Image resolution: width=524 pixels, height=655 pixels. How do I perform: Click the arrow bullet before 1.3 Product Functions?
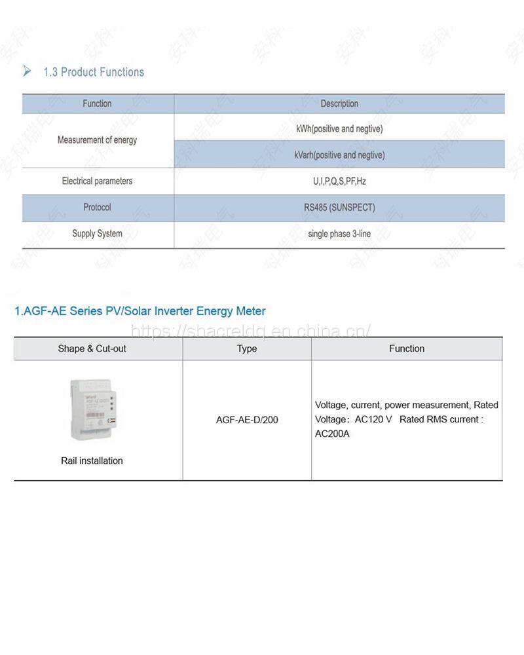point(27,71)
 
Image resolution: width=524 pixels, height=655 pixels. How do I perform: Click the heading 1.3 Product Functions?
point(94,72)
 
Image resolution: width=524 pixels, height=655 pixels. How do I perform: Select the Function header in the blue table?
point(97,103)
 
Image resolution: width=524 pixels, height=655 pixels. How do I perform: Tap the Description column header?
point(339,103)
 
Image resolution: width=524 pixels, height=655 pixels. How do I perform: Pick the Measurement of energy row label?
point(97,140)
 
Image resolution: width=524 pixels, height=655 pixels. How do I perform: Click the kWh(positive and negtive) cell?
point(339,129)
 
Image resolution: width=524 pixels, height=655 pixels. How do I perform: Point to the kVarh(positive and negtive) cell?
point(339,155)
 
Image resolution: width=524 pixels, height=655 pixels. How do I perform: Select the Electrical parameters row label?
point(97,181)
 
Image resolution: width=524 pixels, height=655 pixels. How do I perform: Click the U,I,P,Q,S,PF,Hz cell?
point(339,181)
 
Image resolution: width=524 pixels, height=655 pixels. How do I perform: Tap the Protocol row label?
point(97,207)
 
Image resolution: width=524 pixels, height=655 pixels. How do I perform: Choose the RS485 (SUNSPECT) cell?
point(339,207)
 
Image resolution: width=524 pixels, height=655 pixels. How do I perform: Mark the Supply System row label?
point(97,233)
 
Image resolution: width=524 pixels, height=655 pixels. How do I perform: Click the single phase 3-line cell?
point(339,233)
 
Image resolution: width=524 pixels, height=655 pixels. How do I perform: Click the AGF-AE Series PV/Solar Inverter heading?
point(140,311)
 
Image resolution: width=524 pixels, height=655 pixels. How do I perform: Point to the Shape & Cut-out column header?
point(92,348)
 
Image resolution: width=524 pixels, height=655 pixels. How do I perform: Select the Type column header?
point(247,348)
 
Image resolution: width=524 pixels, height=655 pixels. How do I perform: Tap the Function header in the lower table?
point(407,348)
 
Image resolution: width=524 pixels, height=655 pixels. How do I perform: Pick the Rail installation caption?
point(92,460)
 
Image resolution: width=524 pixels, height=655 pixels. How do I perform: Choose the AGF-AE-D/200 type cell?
point(247,419)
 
